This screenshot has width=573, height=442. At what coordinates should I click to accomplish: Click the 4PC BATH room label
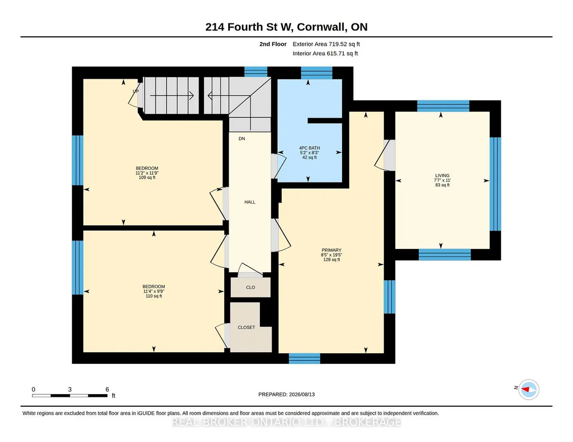pyautogui.click(x=309, y=148)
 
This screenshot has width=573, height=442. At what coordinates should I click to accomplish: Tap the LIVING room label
pyautogui.click(x=442, y=175)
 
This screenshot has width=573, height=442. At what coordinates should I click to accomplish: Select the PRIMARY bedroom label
pyautogui.click(x=332, y=250)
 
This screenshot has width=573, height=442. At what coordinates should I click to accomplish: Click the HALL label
pyautogui.click(x=250, y=202)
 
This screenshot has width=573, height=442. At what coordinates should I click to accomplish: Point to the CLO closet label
pyautogui.click(x=250, y=287)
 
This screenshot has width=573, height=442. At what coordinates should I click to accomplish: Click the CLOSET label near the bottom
pyautogui.click(x=247, y=328)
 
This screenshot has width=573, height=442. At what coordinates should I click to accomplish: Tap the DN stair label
pyautogui.click(x=241, y=138)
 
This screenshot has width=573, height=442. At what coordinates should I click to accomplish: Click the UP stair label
pyautogui.click(x=136, y=91)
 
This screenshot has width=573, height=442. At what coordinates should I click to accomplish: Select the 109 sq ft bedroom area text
pyautogui.click(x=147, y=177)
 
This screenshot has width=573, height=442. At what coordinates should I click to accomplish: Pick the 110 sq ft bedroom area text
pyautogui.click(x=154, y=296)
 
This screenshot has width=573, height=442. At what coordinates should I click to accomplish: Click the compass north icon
pyautogui.click(x=529, y=390)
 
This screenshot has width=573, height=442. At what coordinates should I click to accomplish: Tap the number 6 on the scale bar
pyautogui.click(x=107, y=390)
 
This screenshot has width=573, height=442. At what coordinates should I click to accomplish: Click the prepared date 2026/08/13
pyautogui.click(x=302, y=394)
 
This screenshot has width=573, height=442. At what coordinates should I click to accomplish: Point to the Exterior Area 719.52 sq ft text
pyautogui.click(x=326, y=44)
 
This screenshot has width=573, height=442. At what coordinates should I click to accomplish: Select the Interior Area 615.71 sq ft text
pyautogui.click(x=325, y=53)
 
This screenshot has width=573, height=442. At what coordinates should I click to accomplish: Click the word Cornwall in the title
pyautogui.click(x=320, y=27)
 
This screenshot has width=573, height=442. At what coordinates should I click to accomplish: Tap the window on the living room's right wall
pyautogui.click(x=495, y=184)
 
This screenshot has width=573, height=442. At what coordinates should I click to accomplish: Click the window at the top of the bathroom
pyautogui.click(x=316, y=73)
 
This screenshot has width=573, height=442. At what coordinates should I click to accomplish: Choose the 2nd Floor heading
pyautogui.click(x=273, y=44)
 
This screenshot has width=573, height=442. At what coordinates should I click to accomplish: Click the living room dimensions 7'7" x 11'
pyautogui.click(x=442, y=180)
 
